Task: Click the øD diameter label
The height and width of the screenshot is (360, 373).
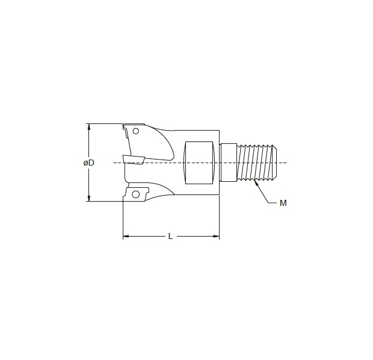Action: [87, 163]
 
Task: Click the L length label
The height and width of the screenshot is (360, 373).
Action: [171, 237]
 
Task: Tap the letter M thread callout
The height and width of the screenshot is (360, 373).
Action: [283, 203]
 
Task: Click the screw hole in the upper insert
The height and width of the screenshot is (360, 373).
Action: [137, 131]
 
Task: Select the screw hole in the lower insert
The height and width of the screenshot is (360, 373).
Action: [136, 194]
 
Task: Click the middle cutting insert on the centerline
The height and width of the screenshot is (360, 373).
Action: [134, 159]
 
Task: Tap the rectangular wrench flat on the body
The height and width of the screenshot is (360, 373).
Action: [199, 163]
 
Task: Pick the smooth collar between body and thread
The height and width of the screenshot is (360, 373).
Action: [229, 163]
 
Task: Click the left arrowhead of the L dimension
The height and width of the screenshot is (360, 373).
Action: [125, 237]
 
